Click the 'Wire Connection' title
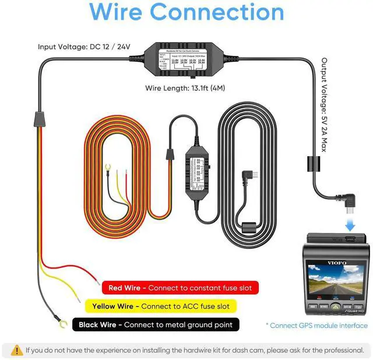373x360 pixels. click(x=186, y=13)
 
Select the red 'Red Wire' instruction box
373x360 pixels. click(x=167, y=288)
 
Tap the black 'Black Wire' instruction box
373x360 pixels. click(x=156, y=324)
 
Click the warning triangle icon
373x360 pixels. click(x=16, y=350)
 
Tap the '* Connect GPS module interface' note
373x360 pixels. click(x=317, y=325)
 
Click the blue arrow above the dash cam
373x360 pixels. click(x=349, y=224)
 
